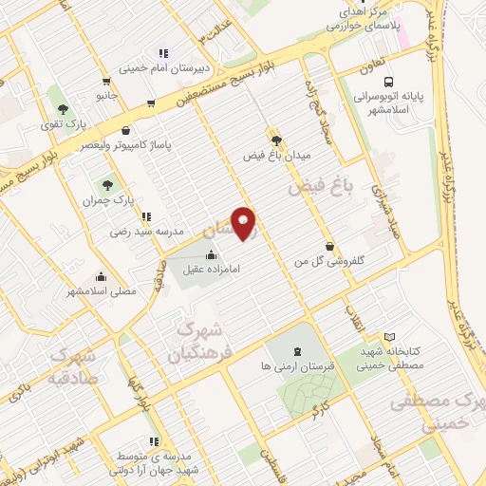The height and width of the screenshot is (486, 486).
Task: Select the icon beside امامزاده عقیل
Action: [211, 255]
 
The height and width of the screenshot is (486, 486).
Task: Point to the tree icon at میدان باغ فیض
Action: [276, 139]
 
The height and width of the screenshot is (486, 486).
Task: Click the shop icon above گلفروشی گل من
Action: [328, 246]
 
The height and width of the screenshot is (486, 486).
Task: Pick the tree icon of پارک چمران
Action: [104, 186]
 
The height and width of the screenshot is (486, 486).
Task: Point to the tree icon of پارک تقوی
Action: [62, 108]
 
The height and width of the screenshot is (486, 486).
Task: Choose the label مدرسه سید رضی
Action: [137, 231]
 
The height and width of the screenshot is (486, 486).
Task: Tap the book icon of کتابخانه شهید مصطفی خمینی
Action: [389, 337]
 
